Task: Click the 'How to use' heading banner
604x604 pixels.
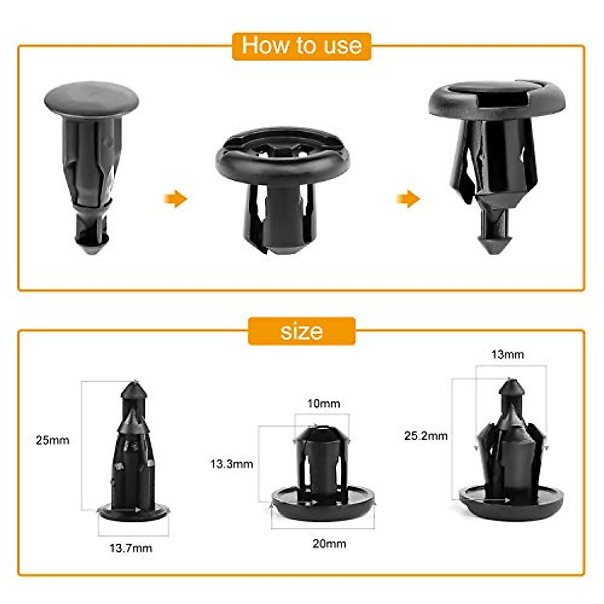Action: [301, 46]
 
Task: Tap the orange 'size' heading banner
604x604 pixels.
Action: [301, 331]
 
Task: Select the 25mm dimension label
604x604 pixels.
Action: [52, 440]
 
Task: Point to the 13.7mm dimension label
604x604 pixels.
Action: [131, 548]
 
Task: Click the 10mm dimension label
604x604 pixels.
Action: [324, 404]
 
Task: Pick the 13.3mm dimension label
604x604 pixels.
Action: [232, 464]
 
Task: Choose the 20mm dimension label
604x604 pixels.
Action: [329, 544]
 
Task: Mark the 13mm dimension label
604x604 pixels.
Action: [507, 355]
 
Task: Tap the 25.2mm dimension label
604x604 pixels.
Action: [426, 436]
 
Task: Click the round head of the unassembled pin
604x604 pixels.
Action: [91, 98]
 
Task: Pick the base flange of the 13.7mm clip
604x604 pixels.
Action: [133, 513]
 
